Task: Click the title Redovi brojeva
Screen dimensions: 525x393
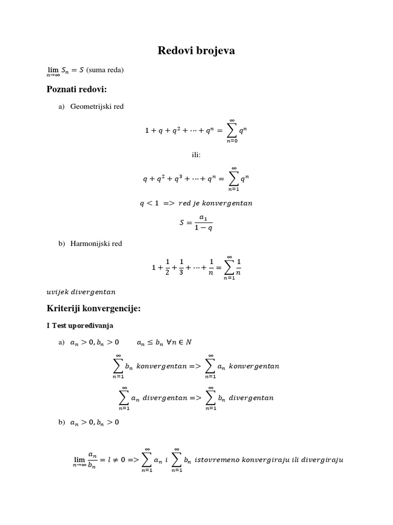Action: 196,50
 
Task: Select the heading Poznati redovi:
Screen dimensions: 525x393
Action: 76,89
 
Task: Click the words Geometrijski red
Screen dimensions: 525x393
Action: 97,107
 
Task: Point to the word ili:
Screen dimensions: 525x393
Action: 196,155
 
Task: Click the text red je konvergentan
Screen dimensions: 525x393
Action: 215,203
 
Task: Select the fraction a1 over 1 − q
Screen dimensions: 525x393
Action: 203,223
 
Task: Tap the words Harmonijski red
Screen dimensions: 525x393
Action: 96,244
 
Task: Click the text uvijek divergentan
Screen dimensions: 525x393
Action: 81,292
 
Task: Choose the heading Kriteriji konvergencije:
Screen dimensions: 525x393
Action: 93,309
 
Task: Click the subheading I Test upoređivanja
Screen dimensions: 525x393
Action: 80,326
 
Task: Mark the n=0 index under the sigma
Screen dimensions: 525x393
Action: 232,140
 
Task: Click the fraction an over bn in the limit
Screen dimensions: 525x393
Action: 93,459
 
